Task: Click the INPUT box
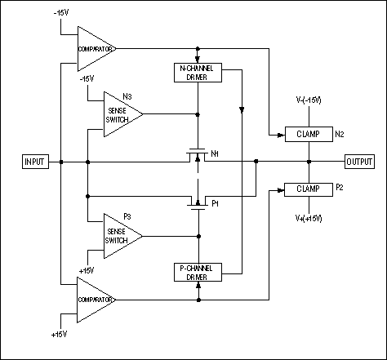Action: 35,162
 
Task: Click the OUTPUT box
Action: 360,162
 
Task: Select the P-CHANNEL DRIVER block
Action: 197,272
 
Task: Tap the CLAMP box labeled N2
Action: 308,133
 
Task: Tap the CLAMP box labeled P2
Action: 308,189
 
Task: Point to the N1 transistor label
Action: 215,153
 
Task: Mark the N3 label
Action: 126,95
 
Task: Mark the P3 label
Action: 126,216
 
